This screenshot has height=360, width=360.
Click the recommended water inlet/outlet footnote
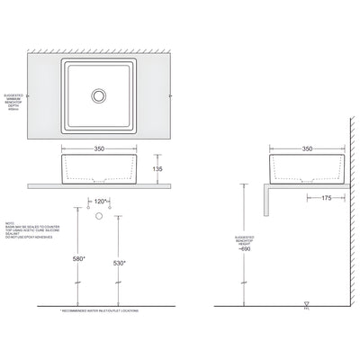point(100,309)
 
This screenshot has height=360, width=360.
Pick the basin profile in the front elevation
point(100,168)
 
